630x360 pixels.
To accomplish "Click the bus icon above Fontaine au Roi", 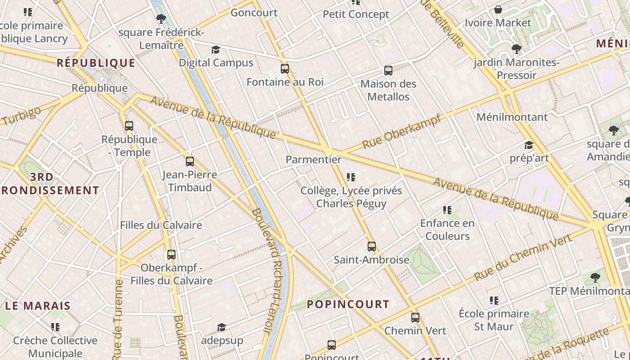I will tap(284, 69).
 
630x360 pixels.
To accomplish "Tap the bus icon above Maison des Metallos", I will tap(388, 70).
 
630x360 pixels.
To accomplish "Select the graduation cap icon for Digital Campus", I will tap(216, 49).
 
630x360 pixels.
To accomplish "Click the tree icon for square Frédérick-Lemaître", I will tap(161, 19).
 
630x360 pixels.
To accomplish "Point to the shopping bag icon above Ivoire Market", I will tap(498, 9).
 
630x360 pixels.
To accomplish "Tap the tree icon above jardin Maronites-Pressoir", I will tap(516, 49).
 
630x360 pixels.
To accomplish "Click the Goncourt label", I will tap(254, 13).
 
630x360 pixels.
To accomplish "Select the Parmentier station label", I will tap(314, 159).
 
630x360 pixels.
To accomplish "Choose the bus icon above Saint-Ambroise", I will tap(371, 247).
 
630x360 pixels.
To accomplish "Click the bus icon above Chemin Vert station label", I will tap(415, 318).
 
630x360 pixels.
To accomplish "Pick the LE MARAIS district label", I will tap(38, 306).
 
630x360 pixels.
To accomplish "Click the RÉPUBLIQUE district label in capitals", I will tap(96, 63).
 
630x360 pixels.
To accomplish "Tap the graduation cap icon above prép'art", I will tap(529, 145).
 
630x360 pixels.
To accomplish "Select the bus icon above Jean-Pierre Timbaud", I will tap(189, 162).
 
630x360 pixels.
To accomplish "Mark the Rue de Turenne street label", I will tap(118, 319).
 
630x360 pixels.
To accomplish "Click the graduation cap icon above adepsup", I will tap(221, 327).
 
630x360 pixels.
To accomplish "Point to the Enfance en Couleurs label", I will tap(447, 229).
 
